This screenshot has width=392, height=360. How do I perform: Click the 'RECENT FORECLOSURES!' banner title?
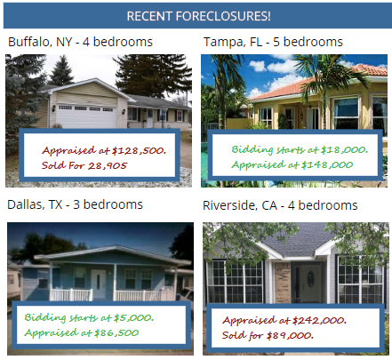pos(198,16)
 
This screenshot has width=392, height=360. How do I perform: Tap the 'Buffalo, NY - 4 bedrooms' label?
pos(80,42)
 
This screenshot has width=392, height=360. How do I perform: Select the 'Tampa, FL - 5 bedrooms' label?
pos(273,42)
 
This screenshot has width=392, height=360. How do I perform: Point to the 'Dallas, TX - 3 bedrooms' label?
pos(75,204)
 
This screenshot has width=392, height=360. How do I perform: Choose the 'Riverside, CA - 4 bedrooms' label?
pos(280,205)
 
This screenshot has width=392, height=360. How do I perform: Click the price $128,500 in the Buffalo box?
pos(139,150)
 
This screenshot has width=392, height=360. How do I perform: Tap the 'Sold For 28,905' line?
pos(84,165)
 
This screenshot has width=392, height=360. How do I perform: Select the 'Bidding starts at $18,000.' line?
pos(300,149)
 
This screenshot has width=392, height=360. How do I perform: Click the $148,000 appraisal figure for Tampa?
pos(327,164)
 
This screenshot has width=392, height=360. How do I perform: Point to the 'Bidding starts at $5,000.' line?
pos(89,317)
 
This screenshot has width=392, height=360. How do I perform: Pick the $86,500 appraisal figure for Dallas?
pos(116,332)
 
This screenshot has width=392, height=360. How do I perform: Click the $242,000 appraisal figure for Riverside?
pos(319,320)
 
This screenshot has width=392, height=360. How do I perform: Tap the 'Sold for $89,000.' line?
pos(268,335)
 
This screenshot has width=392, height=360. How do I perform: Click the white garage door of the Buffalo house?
pos(86,116)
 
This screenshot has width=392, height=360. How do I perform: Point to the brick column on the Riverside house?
pos(283,283)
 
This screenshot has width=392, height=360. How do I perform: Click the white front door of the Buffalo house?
pos(150,118)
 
